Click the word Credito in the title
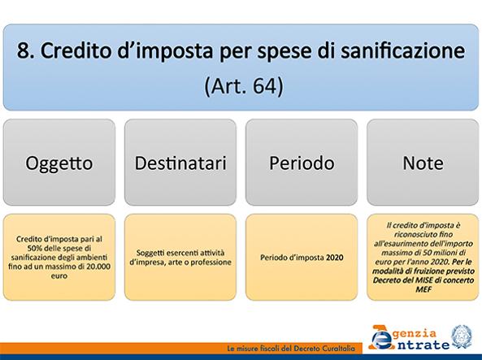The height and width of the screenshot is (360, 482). coord(76,50)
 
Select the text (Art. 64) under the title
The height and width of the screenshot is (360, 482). coord(244,86)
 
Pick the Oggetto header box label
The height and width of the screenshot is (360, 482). coord(59,163)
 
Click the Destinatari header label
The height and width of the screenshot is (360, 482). coord(180,163)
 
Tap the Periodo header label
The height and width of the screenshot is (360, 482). coord(302,163)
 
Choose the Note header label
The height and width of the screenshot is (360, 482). coord(423,163)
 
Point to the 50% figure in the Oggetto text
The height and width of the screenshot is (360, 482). coord(34,248)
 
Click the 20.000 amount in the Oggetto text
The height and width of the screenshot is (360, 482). coord(98,267)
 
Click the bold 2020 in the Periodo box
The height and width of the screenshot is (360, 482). coord(334,258)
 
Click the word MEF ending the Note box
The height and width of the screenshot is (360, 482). coord(423,289)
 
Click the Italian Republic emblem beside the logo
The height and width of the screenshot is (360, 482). coord(462,336)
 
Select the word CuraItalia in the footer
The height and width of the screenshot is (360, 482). coord(338,349)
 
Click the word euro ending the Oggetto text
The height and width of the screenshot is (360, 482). coord(59,275)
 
